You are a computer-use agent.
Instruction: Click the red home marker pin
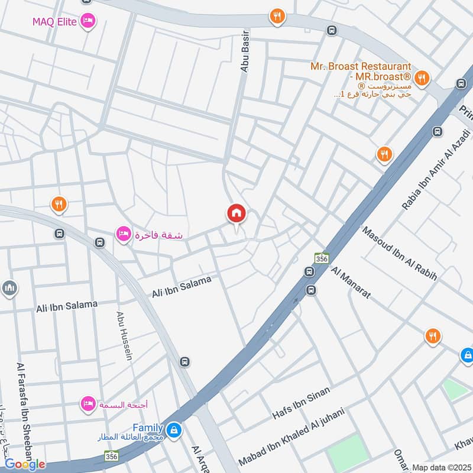(237, 214)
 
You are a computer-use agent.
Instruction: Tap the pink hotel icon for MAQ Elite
(88, 21)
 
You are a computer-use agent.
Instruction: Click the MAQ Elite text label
(56, 21)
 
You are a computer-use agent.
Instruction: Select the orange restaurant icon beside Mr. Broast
(422, 77)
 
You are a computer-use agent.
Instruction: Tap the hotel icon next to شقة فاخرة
(123, 234)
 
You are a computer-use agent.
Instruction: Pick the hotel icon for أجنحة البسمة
(88, 404)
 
